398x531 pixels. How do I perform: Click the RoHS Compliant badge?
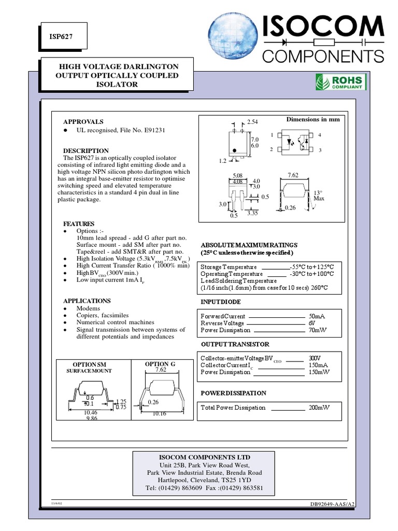point(341,82)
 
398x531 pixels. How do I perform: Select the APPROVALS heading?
point(83,121)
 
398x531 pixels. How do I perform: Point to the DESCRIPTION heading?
point(86,151)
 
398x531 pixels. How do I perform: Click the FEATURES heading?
point(79,223)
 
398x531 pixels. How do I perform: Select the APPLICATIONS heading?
point(87,301)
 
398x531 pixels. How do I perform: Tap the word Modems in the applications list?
point(88,308)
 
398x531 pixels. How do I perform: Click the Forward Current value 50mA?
point(317,316)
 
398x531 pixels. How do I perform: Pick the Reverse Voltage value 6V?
point(312,323)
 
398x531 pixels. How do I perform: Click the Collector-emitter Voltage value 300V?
point(315,358)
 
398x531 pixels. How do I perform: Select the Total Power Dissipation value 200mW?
point(319,408)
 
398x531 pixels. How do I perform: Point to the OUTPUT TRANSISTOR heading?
point(235,344)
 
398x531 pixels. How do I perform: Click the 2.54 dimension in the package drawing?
point(252,122)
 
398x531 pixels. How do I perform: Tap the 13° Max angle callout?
point(318,195)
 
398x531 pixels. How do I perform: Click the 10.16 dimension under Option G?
point(159,414)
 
